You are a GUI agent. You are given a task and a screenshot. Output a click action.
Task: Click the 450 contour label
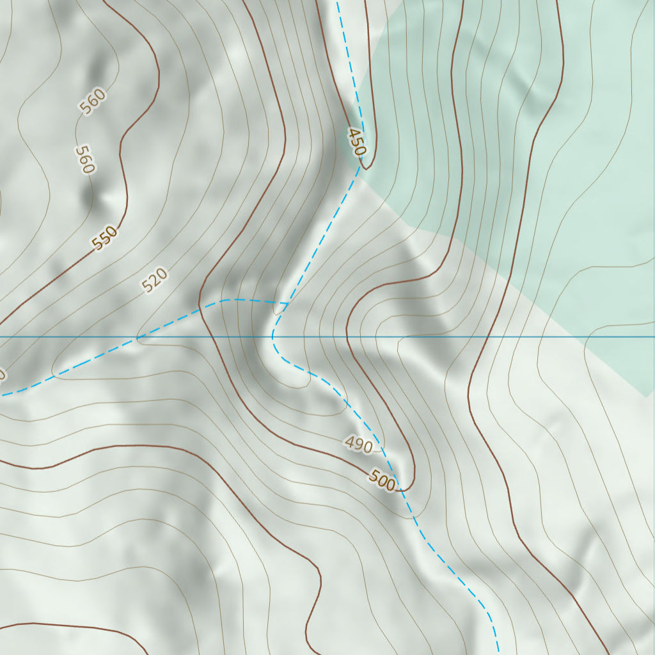357,142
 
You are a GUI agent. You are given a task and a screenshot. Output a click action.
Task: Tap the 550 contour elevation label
105,238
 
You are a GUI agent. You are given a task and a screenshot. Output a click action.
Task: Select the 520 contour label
155,280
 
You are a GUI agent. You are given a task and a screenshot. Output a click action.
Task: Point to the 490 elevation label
358,444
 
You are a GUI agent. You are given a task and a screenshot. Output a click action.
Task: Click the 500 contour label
382,480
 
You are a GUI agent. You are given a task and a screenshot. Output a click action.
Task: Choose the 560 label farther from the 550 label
93,102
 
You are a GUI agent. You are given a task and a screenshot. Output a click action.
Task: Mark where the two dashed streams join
286,303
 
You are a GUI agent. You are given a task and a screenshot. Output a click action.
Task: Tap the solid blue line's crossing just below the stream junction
272,336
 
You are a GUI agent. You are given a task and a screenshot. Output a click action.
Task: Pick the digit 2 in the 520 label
155,280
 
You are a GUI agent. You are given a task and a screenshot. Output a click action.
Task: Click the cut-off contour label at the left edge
2,374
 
